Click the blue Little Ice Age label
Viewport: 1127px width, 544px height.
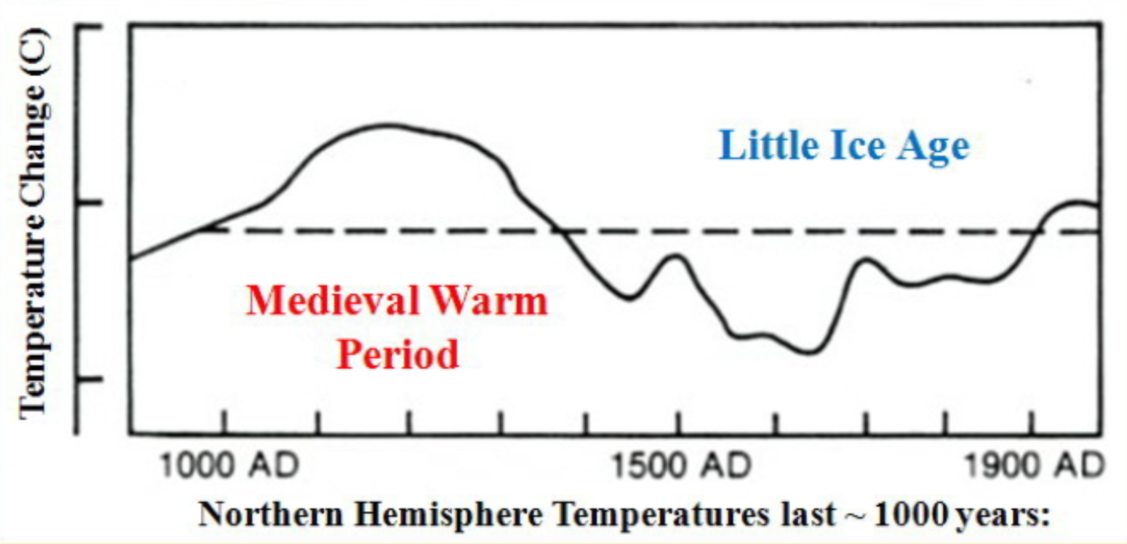coord(844,146)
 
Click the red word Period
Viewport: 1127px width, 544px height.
coord(397,353)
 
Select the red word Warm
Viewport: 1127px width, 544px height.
coord(489,300)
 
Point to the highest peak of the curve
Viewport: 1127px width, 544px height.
coord(385,126)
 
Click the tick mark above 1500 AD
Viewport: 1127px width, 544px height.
coord(678,422)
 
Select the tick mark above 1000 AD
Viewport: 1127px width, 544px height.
coord(224,422)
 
